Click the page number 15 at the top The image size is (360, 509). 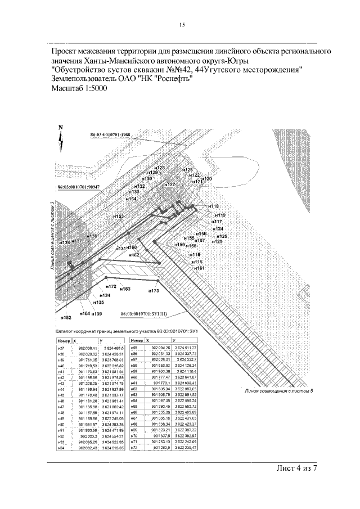(182, 24)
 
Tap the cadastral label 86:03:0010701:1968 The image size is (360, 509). (110, 135)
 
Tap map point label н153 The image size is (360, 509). (118, 216)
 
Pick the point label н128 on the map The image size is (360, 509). (160, 168)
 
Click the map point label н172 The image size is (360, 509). (110, 286)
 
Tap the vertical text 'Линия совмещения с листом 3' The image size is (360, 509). (52, 236)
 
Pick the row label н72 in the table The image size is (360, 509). (134, 448)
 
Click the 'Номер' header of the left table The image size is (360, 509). (64, 341)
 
